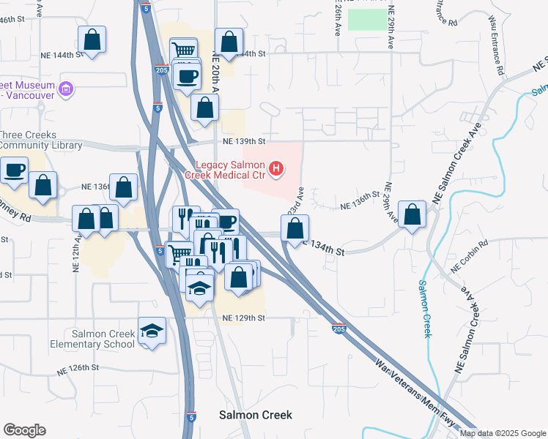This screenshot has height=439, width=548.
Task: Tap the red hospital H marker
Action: pyautogui.click(x=276, y=170)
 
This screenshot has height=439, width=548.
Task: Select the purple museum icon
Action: pyautogui.click(x=67, y=89)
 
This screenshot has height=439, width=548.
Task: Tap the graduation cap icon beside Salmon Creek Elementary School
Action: pyautogui.click(x=152, y=331)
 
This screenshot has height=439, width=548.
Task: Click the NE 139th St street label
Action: pyautogui.click(x=243, y=140)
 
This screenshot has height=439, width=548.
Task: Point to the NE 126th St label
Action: pyautogui.click(x=78, y=367)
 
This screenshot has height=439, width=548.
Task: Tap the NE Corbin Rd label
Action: pyautogui.click(x=470, y=258)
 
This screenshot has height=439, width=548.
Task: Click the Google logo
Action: pyautogui.click(x=24, y=430)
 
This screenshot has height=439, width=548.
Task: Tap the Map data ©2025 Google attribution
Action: pyautogui.click(x=502, y=433)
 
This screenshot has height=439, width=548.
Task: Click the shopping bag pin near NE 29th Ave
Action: pyautogui.click(x=412, y=214)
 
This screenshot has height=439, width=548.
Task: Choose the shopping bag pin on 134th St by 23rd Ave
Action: pyautogui.click(x=295, y=228)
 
